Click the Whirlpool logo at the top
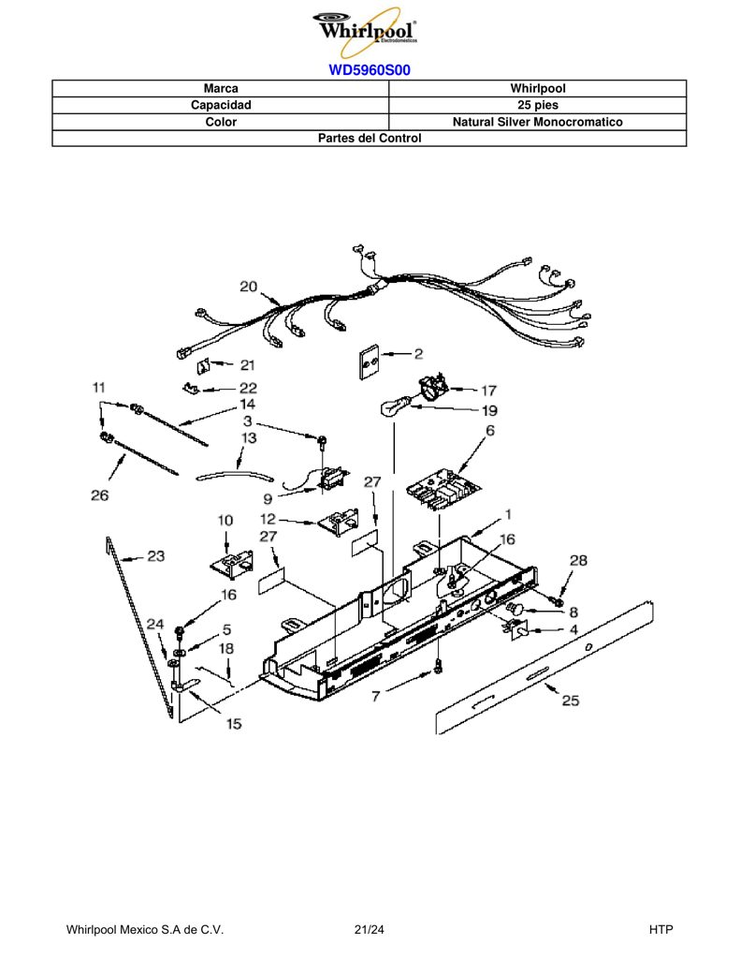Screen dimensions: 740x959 point(366,31)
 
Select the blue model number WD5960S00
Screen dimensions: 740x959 point(370,70)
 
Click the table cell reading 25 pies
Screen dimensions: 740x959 point(538,105)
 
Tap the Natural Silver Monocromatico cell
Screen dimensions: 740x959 point(538,122)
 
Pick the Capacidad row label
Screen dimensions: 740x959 point(221,105)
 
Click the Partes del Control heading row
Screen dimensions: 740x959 point(370,139)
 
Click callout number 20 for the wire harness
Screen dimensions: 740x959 point(248,287)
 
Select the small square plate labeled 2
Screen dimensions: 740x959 point(368,363)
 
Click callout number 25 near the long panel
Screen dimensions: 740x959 point(570,701)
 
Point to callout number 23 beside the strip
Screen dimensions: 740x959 point(156,555)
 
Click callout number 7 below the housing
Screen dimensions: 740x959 point(376,696)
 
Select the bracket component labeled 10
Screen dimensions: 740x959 point(232,563)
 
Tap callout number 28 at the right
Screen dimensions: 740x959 point(578,560)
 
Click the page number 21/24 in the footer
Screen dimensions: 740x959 point(370,930)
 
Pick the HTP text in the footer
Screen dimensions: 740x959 point(660,930)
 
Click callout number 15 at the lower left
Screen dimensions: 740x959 point(234,724)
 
